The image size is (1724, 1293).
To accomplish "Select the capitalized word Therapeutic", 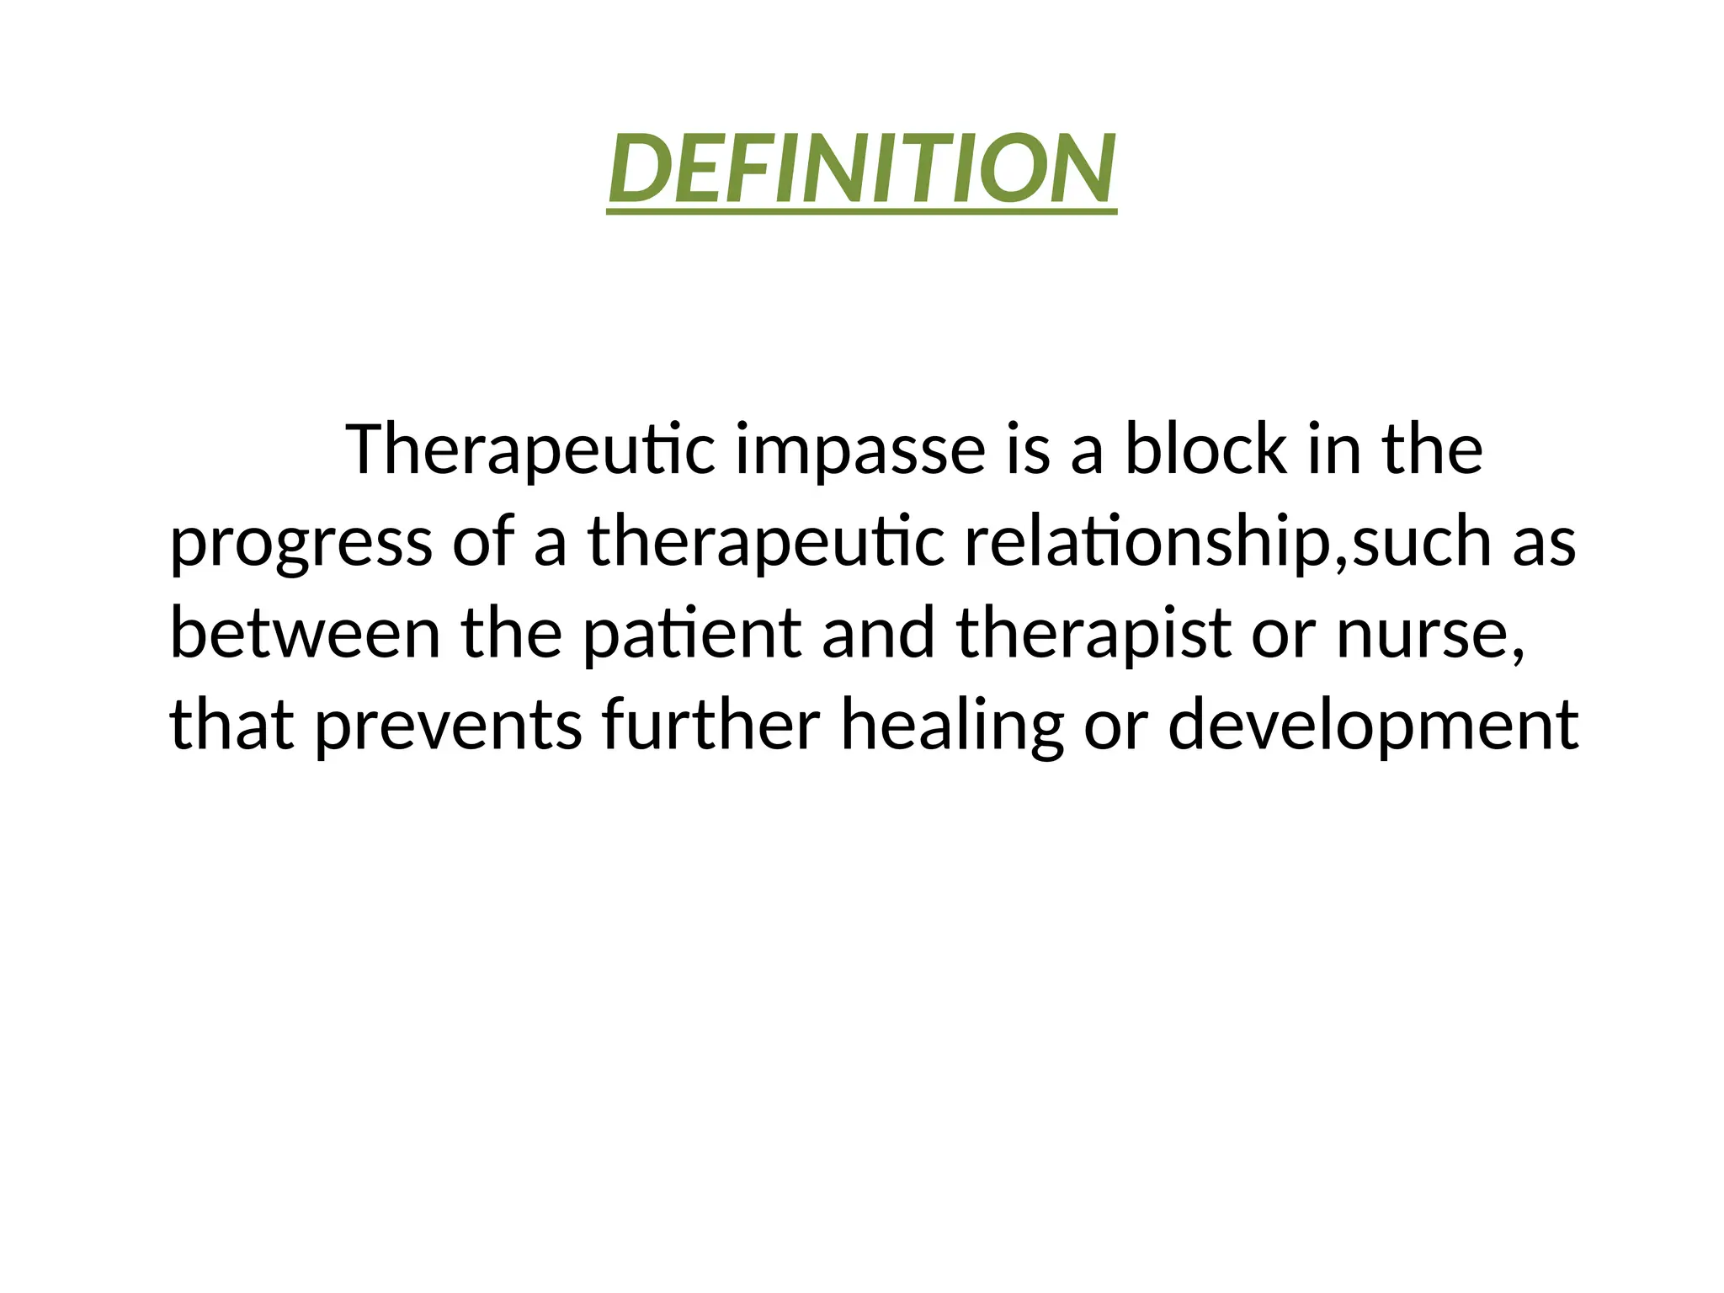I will click(x=530, y=450).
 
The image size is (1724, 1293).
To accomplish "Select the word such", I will click(x=1422, y=543).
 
